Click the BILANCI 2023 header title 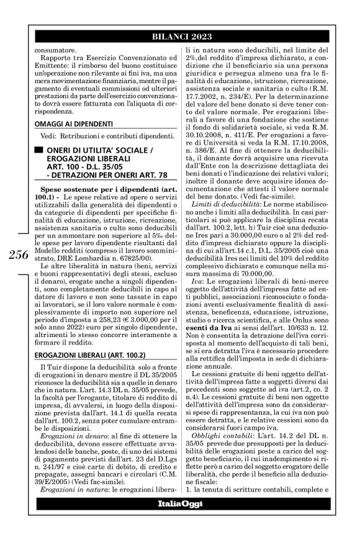click(x=180, y=35)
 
